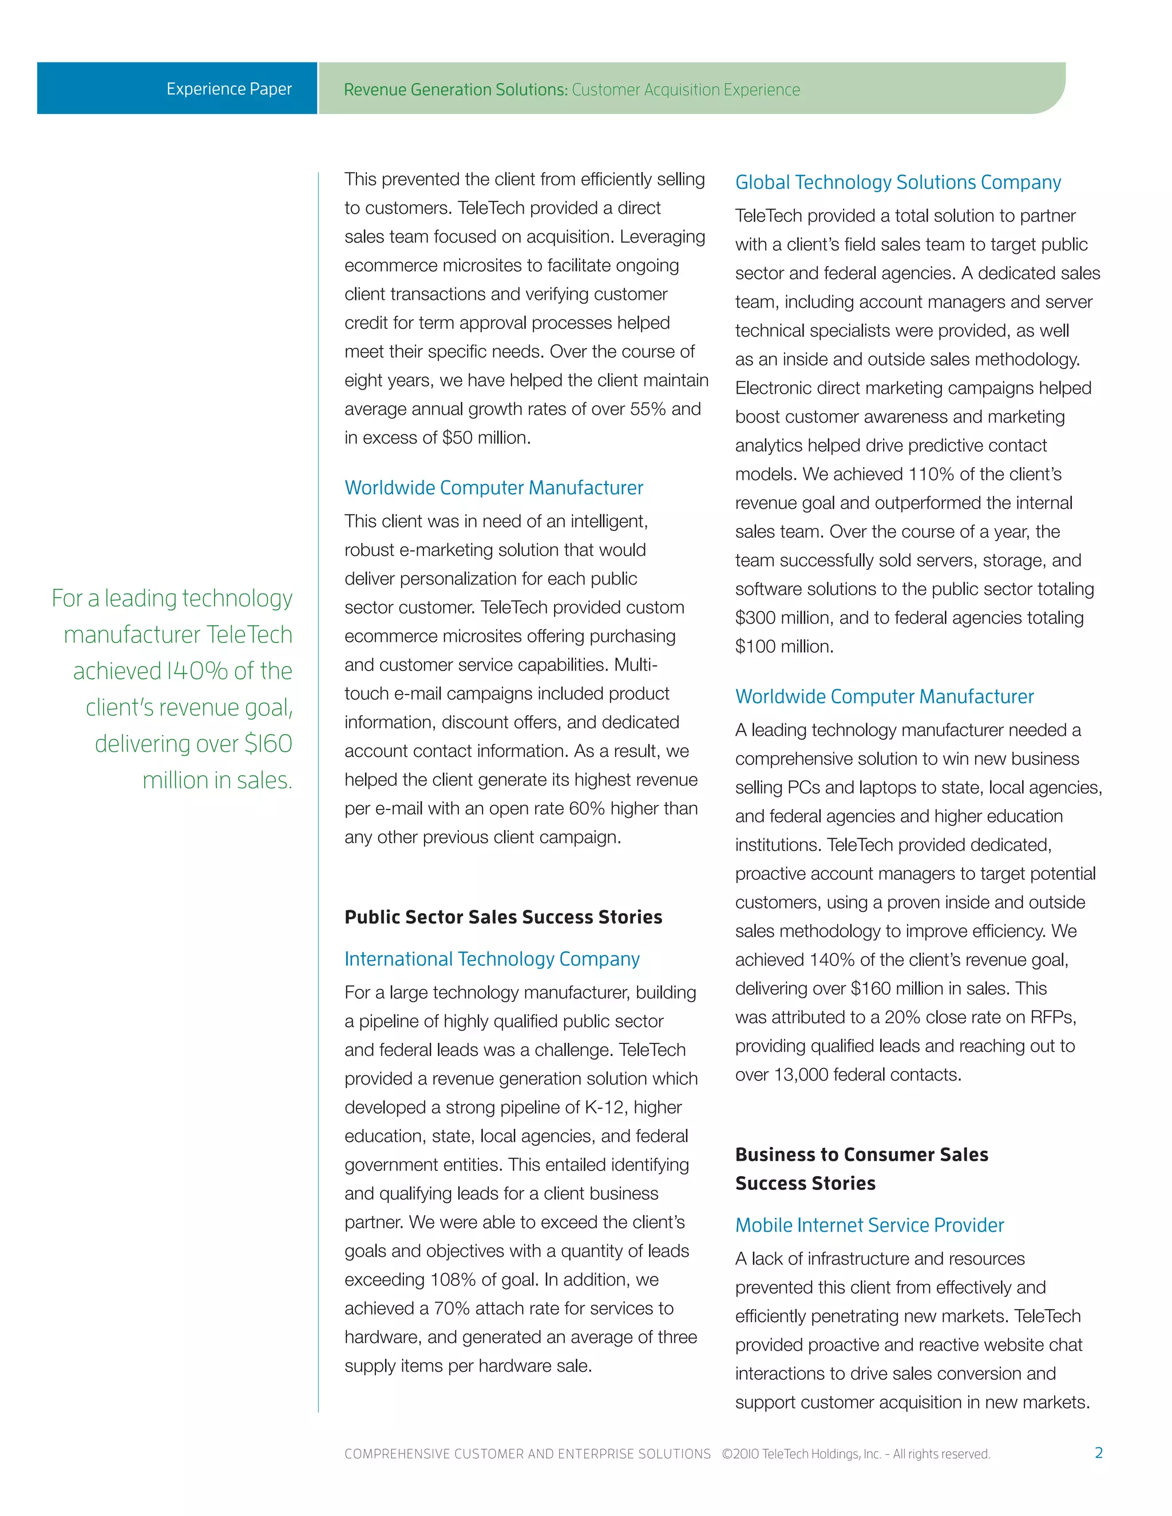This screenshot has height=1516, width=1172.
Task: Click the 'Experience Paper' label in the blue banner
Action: [228, 89]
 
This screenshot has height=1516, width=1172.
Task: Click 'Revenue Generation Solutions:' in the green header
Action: [456, 90]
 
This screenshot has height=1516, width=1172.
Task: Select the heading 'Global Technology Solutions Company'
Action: [898, 182]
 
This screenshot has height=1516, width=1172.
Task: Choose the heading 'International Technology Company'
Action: [492, 959]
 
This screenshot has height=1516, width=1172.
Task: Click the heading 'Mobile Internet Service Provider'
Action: [869, 1225]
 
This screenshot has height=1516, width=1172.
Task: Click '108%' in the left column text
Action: [453, 1279]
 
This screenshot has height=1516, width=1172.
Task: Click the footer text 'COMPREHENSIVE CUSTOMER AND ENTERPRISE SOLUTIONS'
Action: [527, 1454]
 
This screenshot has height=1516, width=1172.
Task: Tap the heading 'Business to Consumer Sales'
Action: [861, 1154]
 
